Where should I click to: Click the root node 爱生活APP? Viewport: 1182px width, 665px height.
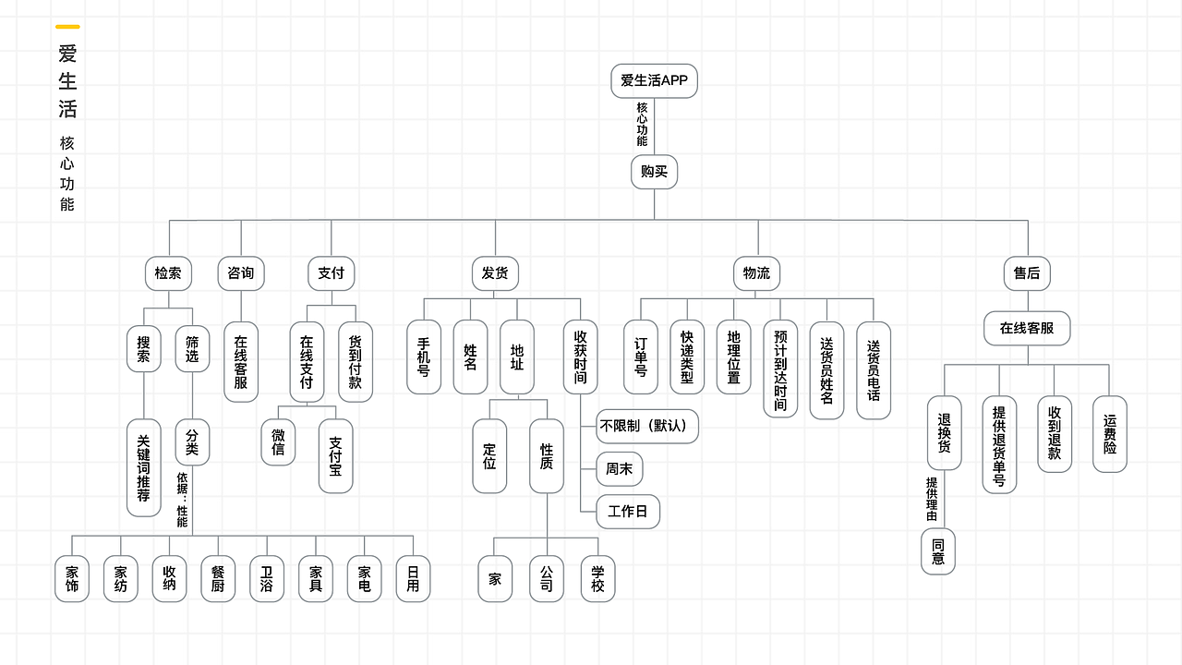click(654, 80)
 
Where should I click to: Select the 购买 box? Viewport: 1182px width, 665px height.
click(654, 172)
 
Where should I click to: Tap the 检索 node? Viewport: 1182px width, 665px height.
click(168, 273)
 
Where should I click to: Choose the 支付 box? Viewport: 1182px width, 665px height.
click(331, 273)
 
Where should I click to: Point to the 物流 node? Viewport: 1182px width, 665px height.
click(756, 273)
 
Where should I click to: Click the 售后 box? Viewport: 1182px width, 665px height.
click(1026, 273)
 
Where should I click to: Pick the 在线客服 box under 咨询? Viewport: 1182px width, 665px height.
click(241, 361)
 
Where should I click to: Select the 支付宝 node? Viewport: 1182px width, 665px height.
click(335, 456)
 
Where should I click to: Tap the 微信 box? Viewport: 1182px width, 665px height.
click(278, 442)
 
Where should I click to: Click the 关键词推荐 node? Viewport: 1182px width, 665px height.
click(143, 467)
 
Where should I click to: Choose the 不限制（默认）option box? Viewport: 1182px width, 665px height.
click(646, 427)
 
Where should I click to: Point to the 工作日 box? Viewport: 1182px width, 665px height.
click(628, 511)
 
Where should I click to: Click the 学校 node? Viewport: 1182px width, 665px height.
click(597, 578)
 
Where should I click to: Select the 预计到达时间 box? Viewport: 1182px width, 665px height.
click(780, 369)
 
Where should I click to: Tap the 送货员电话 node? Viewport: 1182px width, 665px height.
click(874, 369)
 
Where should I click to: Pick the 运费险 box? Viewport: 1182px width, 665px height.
click(1109, 433)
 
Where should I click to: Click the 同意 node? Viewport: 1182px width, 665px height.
click(938, 551)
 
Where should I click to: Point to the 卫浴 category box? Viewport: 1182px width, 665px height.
click(266, 578)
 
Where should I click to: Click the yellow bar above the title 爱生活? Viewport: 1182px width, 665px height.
click(67, 27)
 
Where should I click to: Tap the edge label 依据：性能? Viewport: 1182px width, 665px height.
click(182, 500)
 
